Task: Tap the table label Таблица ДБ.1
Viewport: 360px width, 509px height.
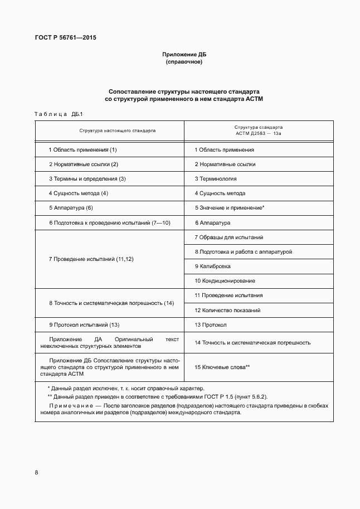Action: click(59, 114)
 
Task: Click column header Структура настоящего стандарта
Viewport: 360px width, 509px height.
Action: click(110, 130)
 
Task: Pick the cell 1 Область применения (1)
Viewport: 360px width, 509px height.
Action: click(82, 150)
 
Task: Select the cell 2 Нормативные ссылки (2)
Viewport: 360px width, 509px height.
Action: click(84, 164)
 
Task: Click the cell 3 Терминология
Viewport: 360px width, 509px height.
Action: click(216, 179)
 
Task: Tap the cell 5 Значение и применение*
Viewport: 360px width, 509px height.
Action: click(229, 208)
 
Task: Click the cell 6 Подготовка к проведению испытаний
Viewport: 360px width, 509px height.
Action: click(109, 222)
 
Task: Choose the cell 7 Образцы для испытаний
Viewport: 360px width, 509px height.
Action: click(228, 237)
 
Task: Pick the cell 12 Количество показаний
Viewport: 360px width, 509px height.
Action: click(227, 310)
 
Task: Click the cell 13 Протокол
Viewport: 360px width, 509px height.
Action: click(210, 324)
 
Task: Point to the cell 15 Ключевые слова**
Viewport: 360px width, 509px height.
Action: click(222, 367)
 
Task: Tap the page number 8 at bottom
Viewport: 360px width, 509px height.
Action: click(36, 473)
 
